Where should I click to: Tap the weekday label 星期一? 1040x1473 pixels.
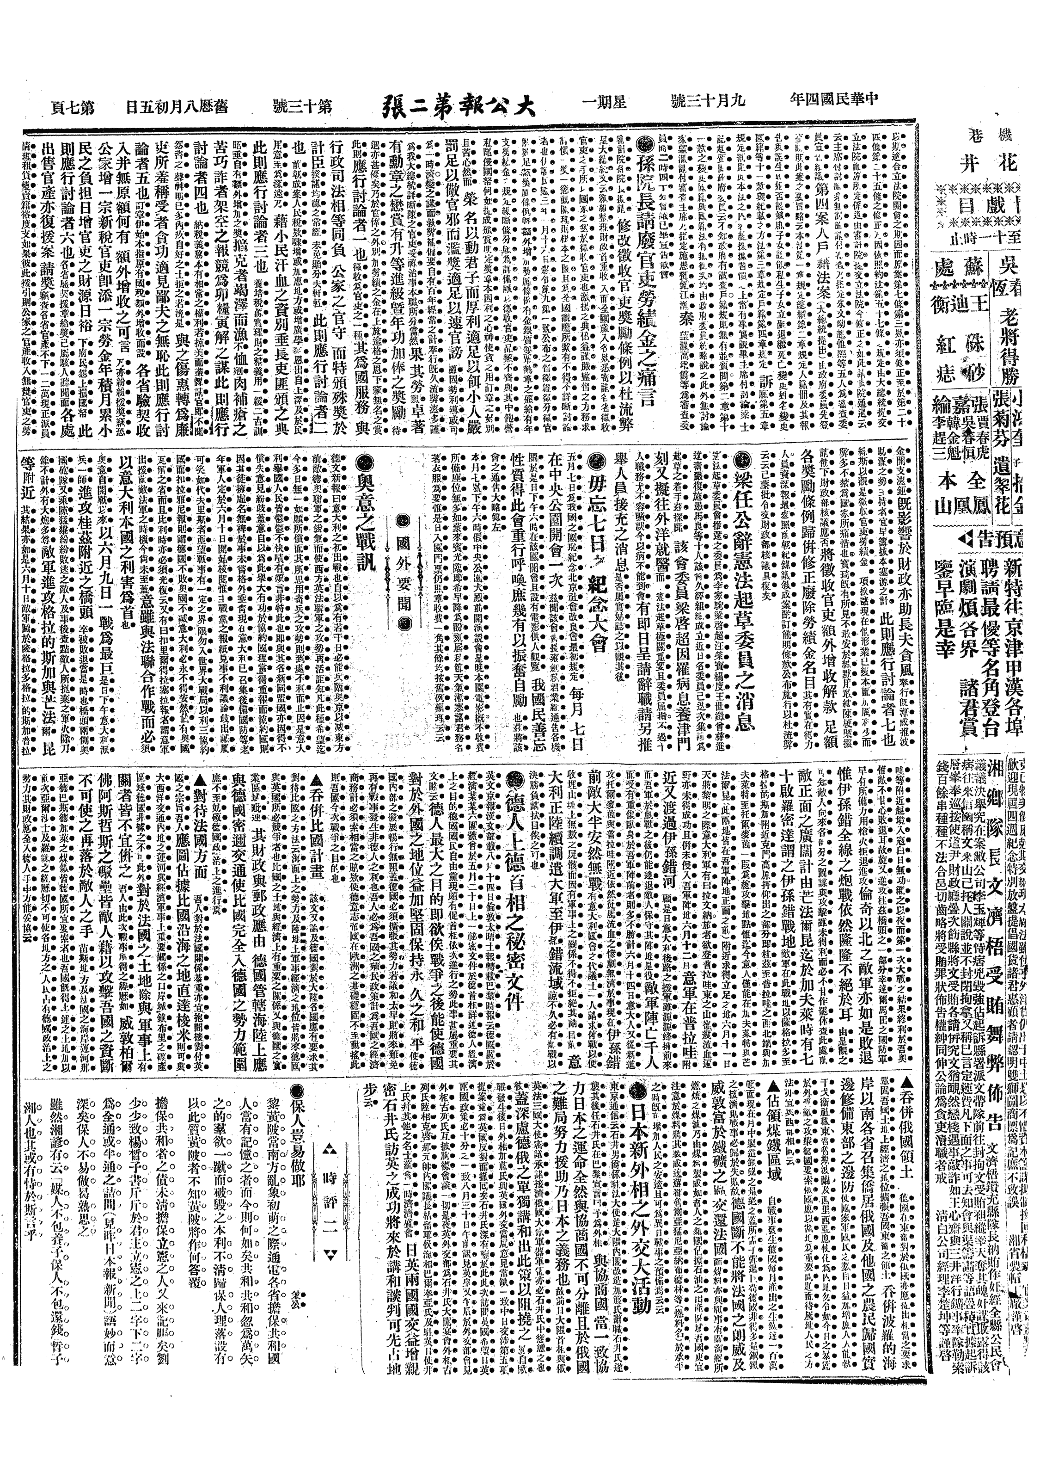point(606,103)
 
